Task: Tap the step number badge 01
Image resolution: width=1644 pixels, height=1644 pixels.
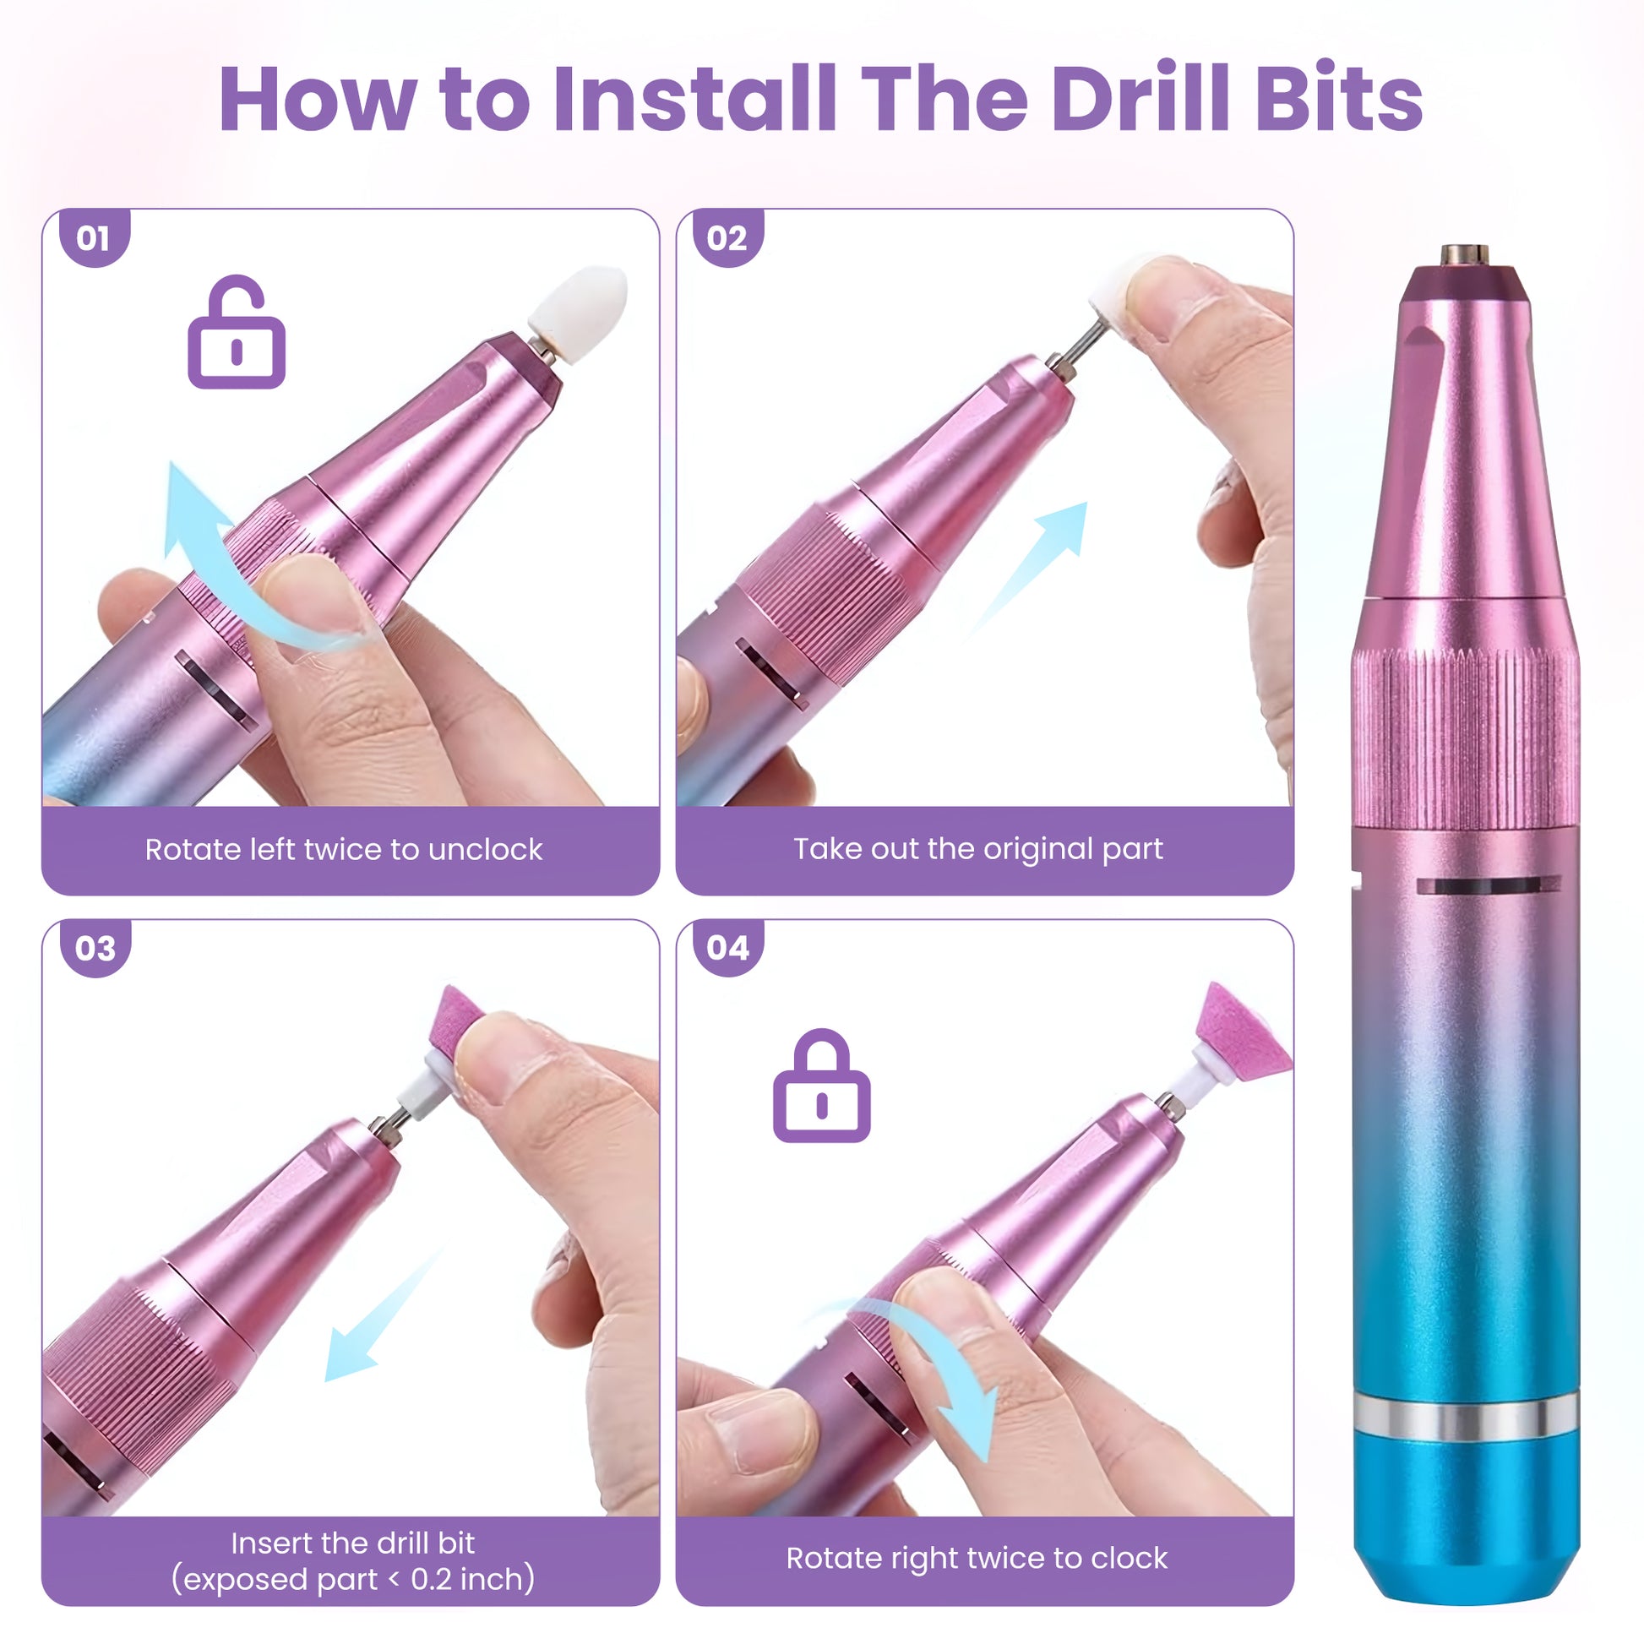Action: [x=94, y=238]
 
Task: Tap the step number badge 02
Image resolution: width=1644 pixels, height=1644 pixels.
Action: [x=727, y=238]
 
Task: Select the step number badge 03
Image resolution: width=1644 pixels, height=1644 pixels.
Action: [x=95, y=949]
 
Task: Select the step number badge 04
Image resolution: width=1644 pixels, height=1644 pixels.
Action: [x=727, y=949]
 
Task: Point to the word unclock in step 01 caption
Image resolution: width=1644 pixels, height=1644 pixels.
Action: [x=485, y=849]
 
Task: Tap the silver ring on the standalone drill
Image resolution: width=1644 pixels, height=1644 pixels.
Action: [x=1466, y=1418]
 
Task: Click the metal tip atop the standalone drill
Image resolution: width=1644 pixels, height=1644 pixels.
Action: [x=1464, y=254]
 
